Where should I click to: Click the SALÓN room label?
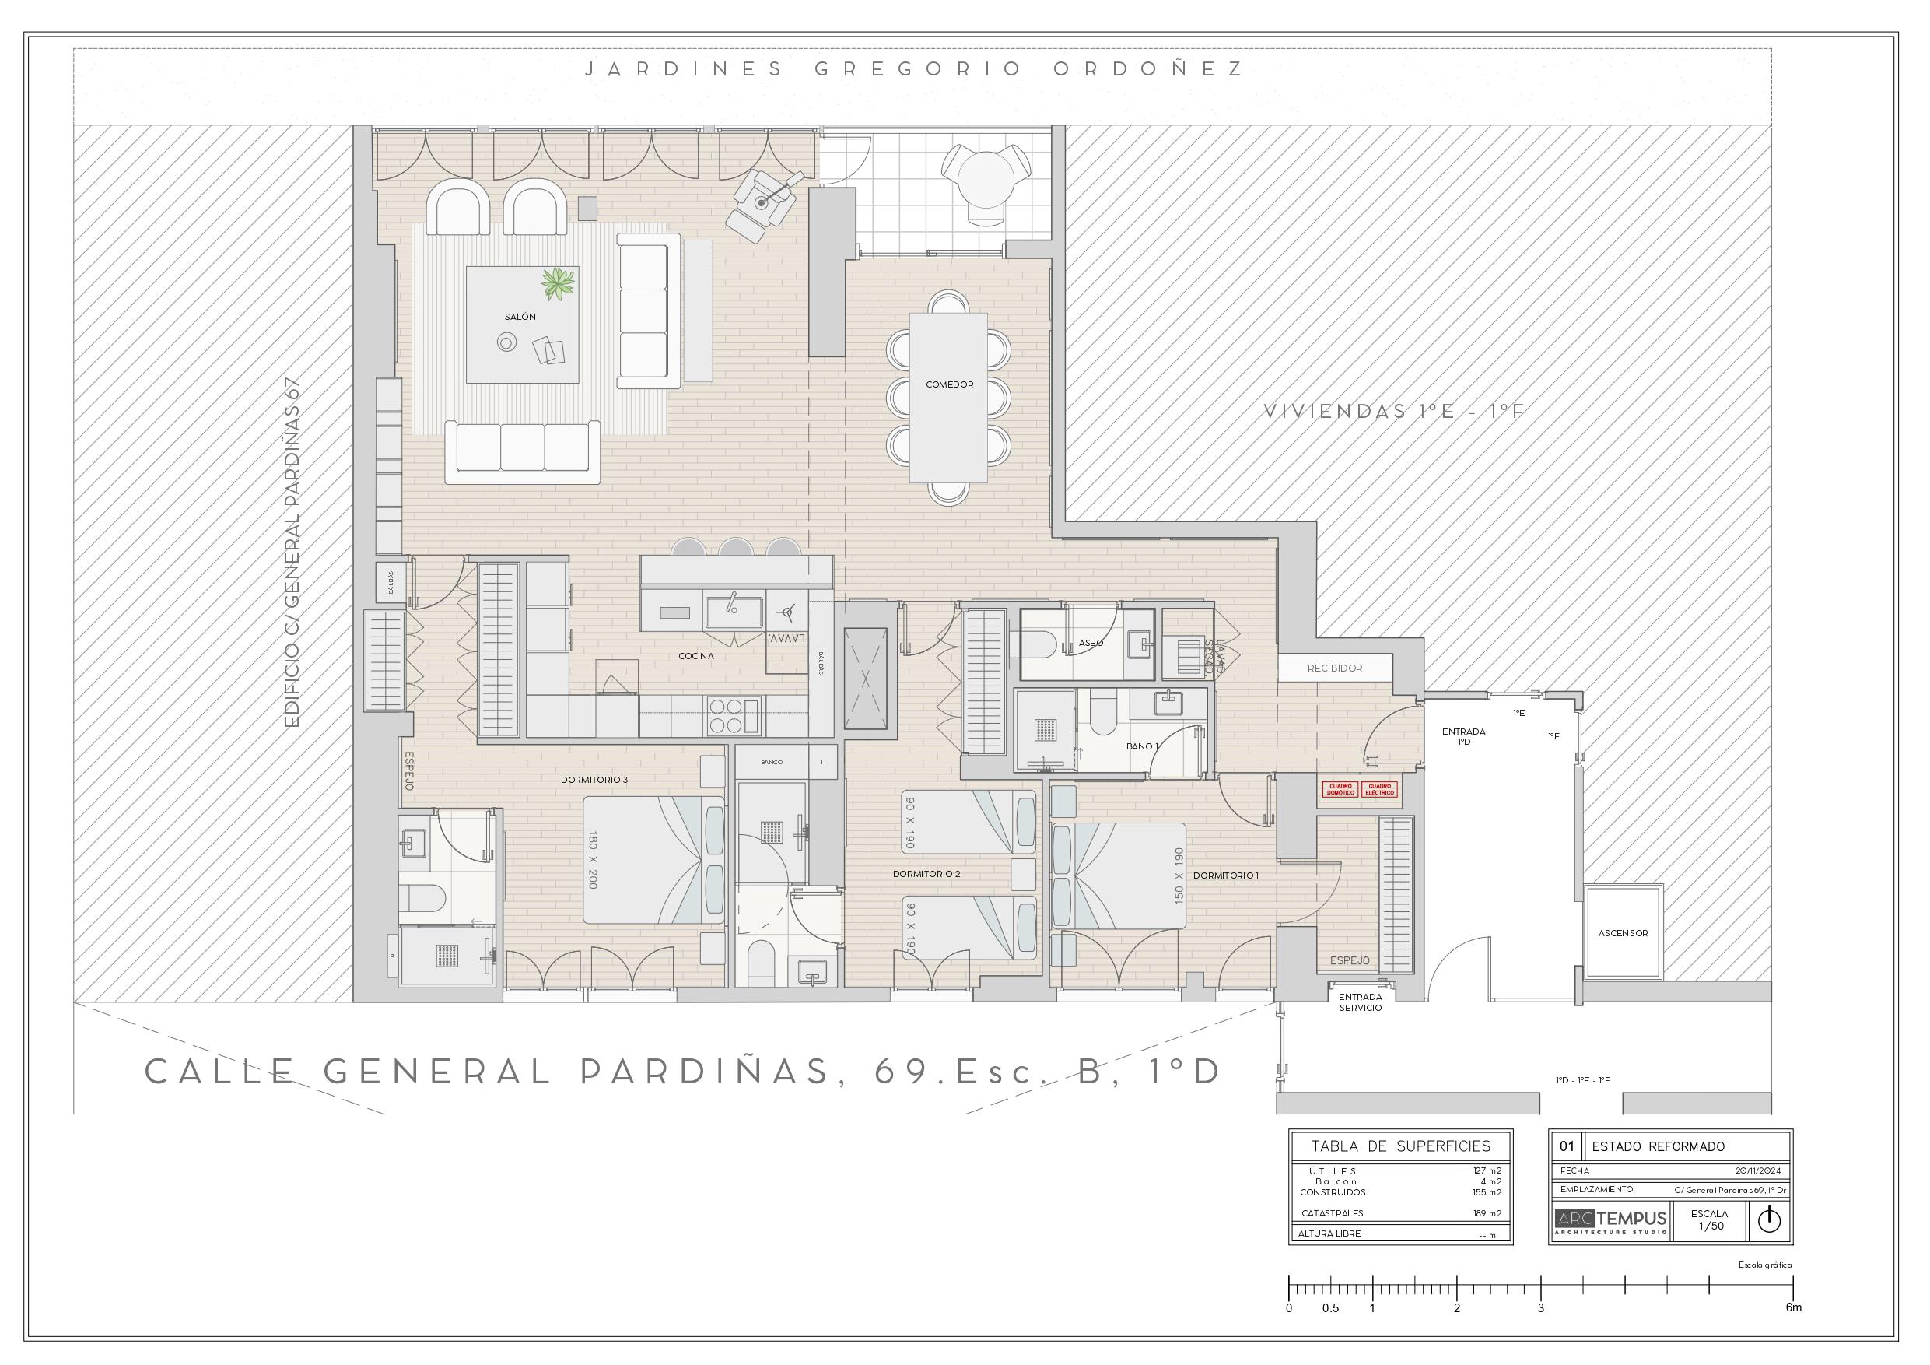(x=520, y=317)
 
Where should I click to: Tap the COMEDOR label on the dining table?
(x=949, y=384)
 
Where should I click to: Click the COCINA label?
(x=696, y=656)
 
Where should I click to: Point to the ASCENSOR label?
(x=1623, y=933)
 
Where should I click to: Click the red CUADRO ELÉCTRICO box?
(x=1380, y=790)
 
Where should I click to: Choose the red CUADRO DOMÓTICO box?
(x=1340, y=790)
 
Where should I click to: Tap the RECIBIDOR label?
(x=1335, y=668)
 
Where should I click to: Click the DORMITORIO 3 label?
(x=594, y=780)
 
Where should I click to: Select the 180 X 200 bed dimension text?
(x=594, y=861)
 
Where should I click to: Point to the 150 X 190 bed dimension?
(x=1178, y=876)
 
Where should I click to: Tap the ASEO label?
(x=1091, y=643)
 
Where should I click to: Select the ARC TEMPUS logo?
(x=1610, y=1220)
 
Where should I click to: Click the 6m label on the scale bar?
(x=1794, y=1308)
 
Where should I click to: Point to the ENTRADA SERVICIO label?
(x=1360, y=1002)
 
